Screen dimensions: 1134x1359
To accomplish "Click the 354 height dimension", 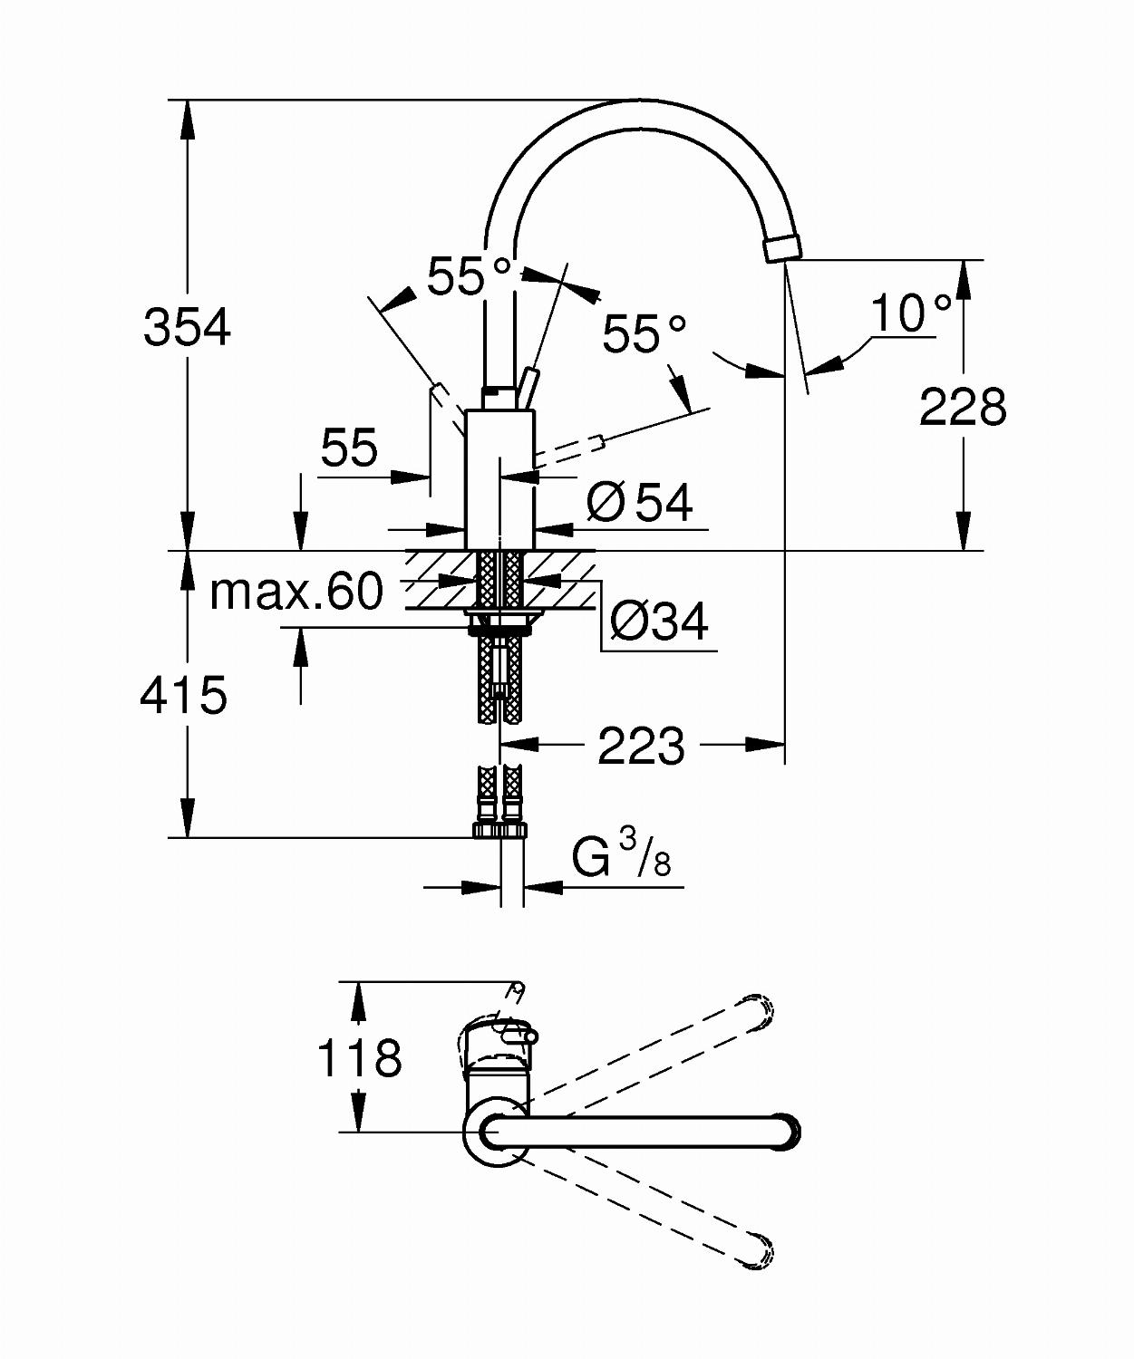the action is tap(187, 327).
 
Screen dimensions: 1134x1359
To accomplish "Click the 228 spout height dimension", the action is tap(963, 407).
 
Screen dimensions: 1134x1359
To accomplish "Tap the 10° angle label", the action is tap(911, 313).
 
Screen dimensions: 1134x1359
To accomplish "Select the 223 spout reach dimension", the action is tap(641, 746).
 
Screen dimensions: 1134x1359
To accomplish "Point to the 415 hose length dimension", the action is tap(184, 695).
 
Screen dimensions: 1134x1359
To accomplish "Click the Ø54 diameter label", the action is tap(640, 503).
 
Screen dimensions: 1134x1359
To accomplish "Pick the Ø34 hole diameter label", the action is tap(658, 622).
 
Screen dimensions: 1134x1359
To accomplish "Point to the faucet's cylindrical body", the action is tap(499, 479).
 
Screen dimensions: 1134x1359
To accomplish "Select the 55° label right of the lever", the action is tap(645, 334).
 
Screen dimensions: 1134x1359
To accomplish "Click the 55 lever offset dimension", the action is tap(349, 448).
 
